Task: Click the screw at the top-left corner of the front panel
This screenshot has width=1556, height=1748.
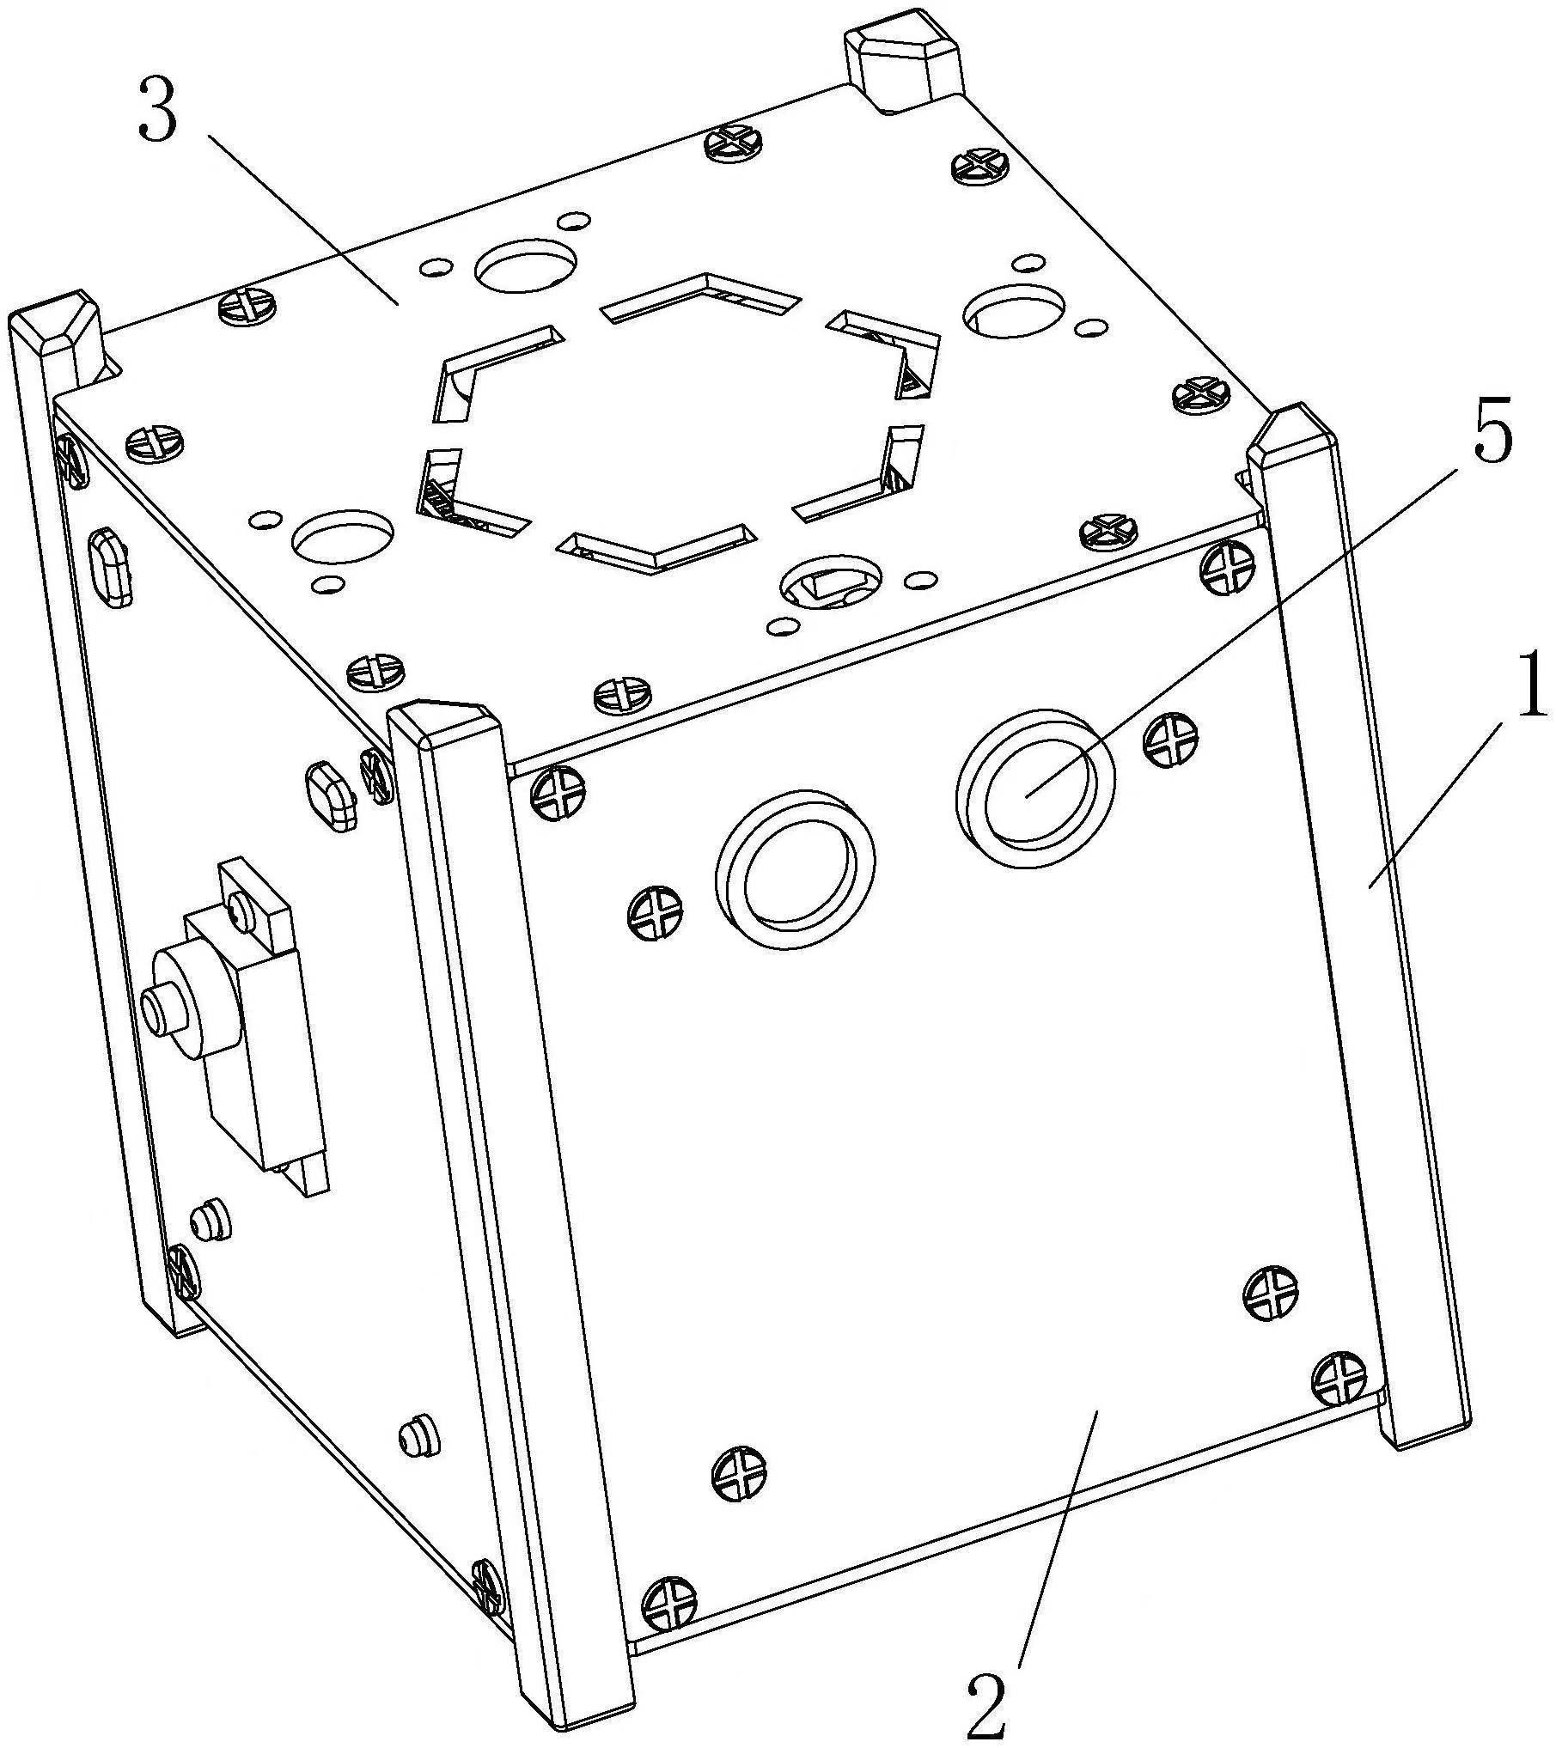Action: [559, 789]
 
